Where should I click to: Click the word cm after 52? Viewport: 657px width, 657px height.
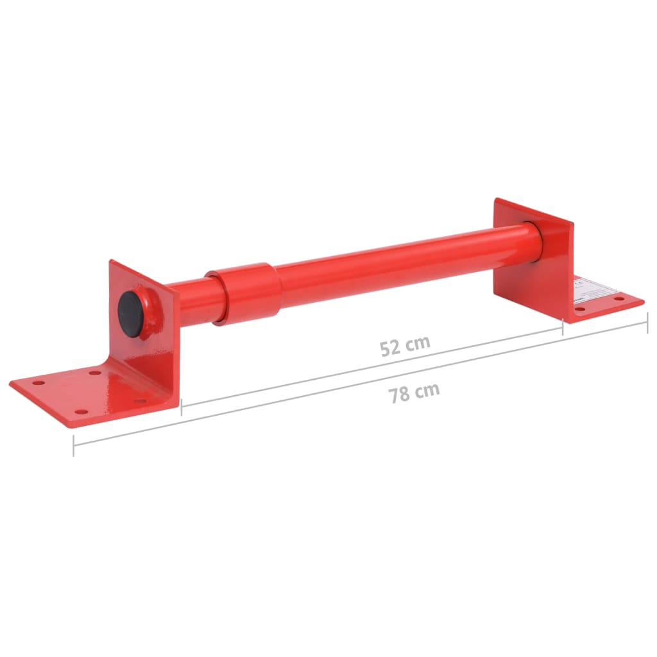click(x=418, y=343)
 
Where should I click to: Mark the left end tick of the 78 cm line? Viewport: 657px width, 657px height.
click(x=74, y=445)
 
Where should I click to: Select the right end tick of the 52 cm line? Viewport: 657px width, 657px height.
click(x=563, y=327)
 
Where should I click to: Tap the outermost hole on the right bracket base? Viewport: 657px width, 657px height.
click(x=619, y=299)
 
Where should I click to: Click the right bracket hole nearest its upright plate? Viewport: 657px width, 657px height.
click(x=582, y=310)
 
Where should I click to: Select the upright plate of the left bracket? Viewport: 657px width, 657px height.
click(x=144, y=327)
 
